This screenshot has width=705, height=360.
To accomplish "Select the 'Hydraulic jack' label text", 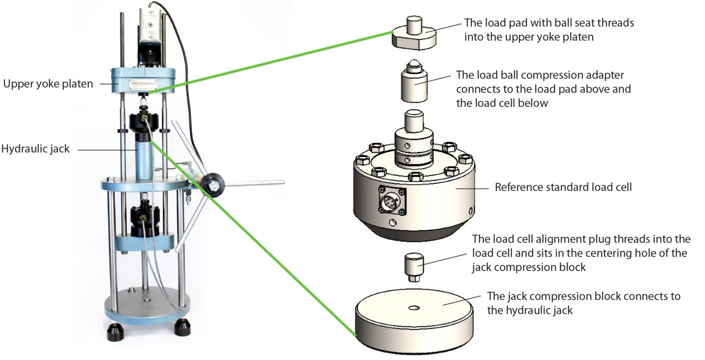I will tap(35, 149).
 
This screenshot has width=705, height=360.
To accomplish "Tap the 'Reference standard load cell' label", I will tap(563, 187).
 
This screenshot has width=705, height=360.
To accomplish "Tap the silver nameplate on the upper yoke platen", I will tap(142, 84).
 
